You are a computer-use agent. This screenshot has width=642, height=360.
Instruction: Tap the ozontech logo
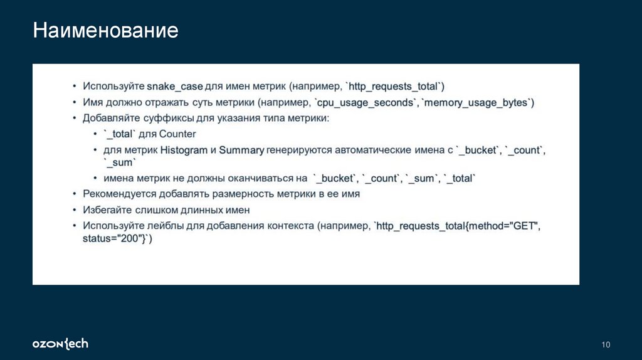point(60,344)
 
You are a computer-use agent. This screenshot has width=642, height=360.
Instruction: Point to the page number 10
point(605,344)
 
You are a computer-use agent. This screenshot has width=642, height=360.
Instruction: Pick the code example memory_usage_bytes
point(478,102)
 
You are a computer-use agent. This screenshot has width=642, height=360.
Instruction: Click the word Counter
point(177,134)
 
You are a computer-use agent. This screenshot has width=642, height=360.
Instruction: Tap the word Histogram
point(184,151)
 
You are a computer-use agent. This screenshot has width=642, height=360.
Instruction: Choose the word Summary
point(241,151)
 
